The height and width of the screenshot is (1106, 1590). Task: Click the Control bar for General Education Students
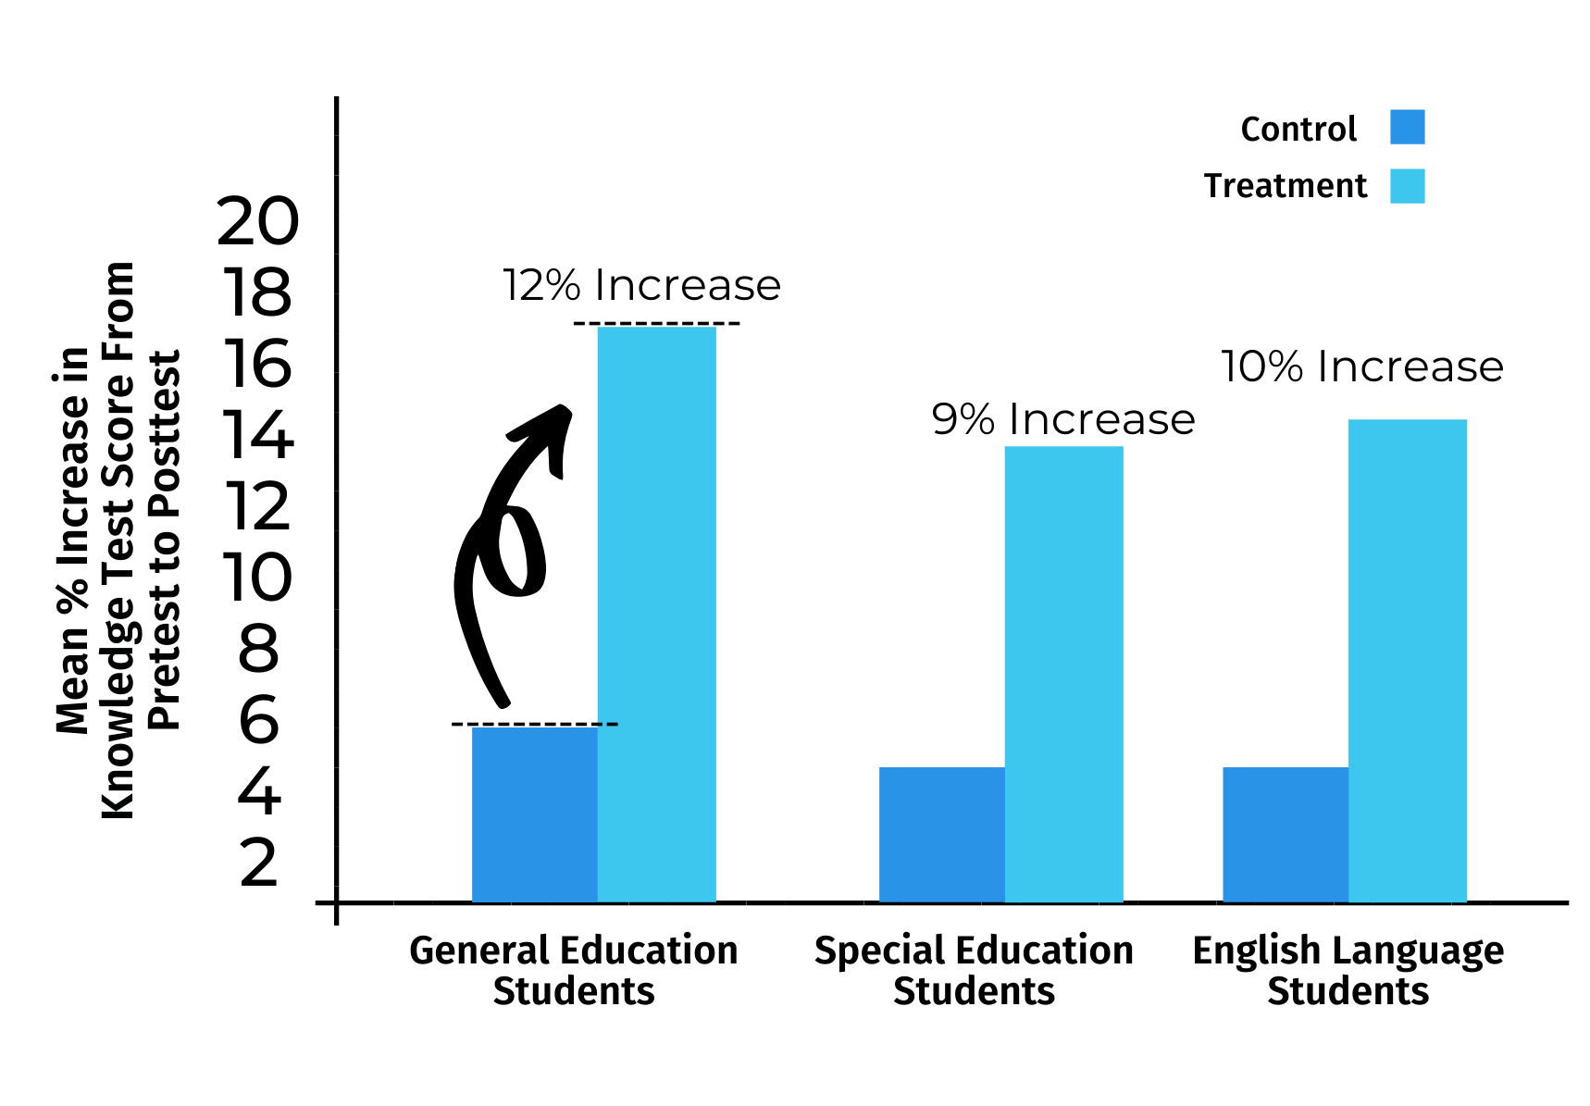pyautogui.click(x=534, y=814)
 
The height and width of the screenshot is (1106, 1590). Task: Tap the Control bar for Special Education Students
pyautogui.click(x=941, y=834)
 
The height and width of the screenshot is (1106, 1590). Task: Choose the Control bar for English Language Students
pyautogui.click(x=1285, y=834)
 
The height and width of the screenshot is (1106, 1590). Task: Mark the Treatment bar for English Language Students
pyautogui.click(x=1407, y=661)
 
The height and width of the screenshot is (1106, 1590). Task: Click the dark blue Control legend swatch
pyautogui.click(x=1407, y=127)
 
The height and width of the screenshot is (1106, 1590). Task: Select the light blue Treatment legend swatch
pyautogui.click(x=1407, y=185)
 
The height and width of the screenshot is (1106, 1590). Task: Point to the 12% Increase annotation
pyautogui.click(x=641, y=285)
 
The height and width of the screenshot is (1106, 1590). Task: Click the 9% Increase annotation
pyautogui.click(x=1062, y=419)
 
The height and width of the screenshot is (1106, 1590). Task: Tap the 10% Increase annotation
pyautogui.click(x=1361, y=367)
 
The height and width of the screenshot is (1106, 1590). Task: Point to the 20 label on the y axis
pyautogui.click(x=258, y=222)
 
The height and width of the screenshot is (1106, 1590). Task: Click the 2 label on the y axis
pyautogui.click(x=259, y=864)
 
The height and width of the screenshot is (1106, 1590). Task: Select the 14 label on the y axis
pyautogui.click(x=258, y=435)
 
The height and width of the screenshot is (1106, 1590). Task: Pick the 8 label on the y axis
pyautogui.click(x=259, y=649)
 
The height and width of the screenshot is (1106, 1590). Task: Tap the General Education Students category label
pyautogui.click(x=573, y=970)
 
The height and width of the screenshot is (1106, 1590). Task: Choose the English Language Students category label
pyautogui.click(x=1348, y=970)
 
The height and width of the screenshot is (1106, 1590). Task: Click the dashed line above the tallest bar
pyautogui.click(x=656, y=324)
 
